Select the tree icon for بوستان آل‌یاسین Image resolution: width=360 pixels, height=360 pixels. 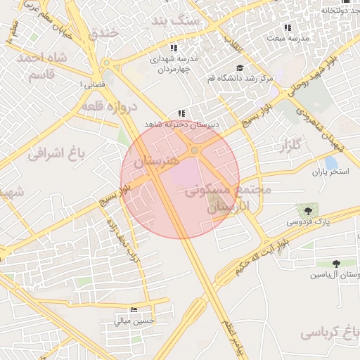coord(336,263)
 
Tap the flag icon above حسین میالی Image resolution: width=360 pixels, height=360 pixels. coord(134,309)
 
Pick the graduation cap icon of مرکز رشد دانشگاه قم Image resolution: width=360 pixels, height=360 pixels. coord(240,68)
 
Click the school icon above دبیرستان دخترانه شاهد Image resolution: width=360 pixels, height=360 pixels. coord(181,112)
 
